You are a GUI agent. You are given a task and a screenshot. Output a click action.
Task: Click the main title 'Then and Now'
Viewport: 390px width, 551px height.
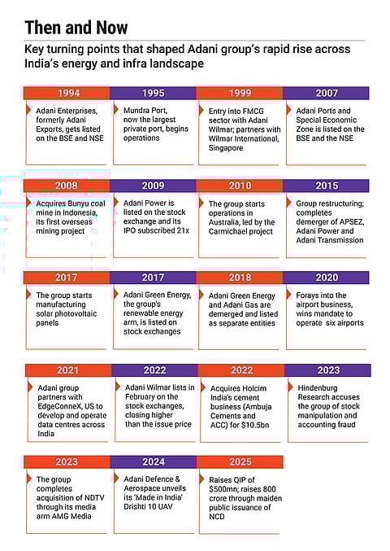point(76,28)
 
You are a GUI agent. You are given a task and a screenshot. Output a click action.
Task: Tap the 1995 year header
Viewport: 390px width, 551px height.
point(153,93)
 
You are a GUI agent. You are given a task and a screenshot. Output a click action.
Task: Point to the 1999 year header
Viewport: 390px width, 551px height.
point(240,93)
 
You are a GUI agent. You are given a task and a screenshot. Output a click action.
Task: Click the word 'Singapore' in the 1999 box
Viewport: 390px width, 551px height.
point(232,148)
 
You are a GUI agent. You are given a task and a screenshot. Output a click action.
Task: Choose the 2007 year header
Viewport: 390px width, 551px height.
point(327,93)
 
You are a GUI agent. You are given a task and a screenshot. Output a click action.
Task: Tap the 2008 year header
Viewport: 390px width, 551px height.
point(66,186)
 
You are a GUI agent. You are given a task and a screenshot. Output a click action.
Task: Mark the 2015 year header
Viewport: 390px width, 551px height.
point(327,186)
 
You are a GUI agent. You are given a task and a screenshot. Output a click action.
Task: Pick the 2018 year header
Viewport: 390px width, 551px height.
point(240,278)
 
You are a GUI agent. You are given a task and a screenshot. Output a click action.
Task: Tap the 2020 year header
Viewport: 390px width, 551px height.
point(327,278)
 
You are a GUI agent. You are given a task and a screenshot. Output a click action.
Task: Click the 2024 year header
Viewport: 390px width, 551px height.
point(153,462)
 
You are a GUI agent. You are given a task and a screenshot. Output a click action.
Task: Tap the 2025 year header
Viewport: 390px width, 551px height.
point(240,462)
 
